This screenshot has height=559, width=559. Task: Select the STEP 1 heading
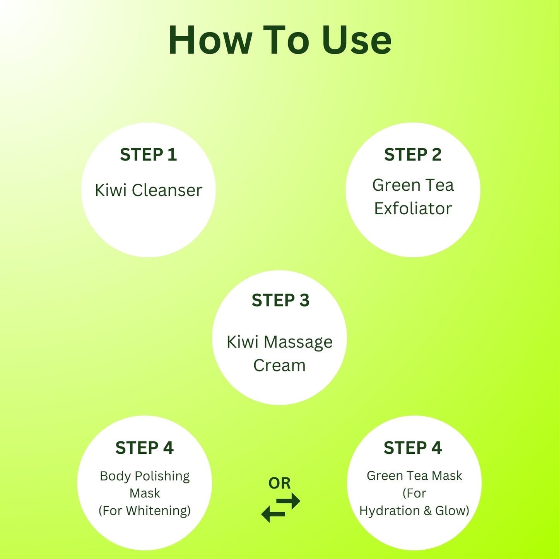148,154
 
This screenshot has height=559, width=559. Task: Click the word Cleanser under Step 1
167,190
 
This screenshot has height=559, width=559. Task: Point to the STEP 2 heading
412,154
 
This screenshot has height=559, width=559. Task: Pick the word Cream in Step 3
279,365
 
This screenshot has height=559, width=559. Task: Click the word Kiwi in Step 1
111,190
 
